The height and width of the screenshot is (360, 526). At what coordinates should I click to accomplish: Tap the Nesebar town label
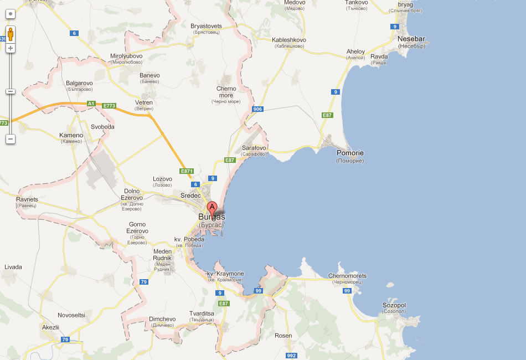coord(411,39)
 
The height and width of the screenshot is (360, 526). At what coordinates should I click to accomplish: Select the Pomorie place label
coord(350,153)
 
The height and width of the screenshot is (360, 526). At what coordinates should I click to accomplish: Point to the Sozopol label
coord(394,305)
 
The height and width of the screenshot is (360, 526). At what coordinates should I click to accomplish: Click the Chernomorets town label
coord(347,276)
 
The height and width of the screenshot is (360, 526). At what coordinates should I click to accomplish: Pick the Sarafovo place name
coord(254,148)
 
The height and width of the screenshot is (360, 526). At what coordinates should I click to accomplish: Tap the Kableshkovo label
coord(289,40)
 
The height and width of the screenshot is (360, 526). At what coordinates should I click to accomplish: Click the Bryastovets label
coord(206,26)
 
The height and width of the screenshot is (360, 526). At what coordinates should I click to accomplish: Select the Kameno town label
coord(71,135)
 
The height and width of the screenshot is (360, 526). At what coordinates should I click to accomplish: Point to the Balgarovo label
coord(80,83)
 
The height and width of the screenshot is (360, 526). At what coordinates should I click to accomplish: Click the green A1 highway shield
coord(91,103)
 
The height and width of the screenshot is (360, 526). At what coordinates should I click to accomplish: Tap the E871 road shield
coord(187,171)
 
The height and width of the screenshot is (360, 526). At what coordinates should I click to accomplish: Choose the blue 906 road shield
coord(257,109)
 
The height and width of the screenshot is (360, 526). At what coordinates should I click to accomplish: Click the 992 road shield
coord(292,355)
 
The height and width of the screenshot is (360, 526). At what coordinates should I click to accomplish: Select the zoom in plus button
coord(10,48)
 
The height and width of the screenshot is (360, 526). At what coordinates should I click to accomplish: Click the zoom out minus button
coord(10,138)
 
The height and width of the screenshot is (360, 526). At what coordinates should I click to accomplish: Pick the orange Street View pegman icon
coord(10,34)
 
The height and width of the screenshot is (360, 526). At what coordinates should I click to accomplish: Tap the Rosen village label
coord(283,336)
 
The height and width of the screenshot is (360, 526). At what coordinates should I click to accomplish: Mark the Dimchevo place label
coord(162,319)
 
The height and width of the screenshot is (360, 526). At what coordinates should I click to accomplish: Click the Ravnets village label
coord(27,199)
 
